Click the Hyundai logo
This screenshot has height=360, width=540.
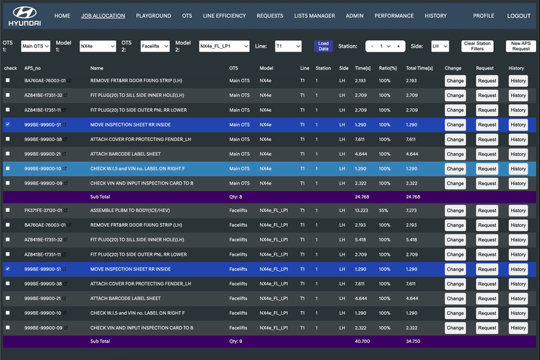tap(25, 16)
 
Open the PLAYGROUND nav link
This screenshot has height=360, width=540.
tap(153, 16)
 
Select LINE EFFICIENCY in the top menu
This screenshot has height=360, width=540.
tap(224, 16)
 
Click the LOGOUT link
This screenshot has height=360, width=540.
tap(518, 16)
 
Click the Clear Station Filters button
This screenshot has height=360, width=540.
tap(477, 46)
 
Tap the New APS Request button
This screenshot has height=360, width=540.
tap(520, 46)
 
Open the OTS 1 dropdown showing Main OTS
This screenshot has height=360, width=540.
tap(35, 46)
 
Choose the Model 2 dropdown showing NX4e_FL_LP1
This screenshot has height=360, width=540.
tap(224, 46)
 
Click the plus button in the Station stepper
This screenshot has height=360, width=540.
tap(398, 46)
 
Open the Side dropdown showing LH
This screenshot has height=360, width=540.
tap(440, 46)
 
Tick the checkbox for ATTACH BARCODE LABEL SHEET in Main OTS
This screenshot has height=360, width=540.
tap(8, 154)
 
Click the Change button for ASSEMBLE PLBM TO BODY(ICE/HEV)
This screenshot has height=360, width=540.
tap(455, 211)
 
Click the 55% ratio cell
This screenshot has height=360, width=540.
tap(384, 211)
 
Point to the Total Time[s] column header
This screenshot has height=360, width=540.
tap(419, 68)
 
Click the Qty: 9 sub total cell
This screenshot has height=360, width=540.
tap(235, 341)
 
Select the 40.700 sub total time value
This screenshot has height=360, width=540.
tap(363, 341)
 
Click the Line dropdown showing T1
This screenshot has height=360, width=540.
tap(287, 46)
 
